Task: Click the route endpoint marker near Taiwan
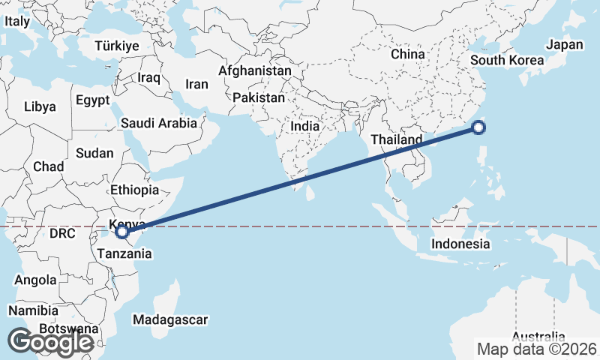(x=479, y=128)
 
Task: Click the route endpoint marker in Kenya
(x=122, y=233)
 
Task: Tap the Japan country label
(x=564, y=45)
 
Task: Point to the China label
(x=408, y=55)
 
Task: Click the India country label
(x=305, y=127)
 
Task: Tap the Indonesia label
(x=460, y=244)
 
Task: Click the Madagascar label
(x=169, y=320)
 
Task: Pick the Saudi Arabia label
(x=158, y=123)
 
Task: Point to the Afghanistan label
(x=254, y=70)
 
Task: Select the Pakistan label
(x=259, y=98)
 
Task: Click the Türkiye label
(x=118, y=46)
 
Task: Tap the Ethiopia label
(x=134, y=190)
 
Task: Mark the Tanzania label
(x=124, y=254)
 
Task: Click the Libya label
(x=40, y=106)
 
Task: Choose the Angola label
(x=35, y=280)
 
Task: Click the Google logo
(x=50, y=342)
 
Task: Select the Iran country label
(x=196, y=85)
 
